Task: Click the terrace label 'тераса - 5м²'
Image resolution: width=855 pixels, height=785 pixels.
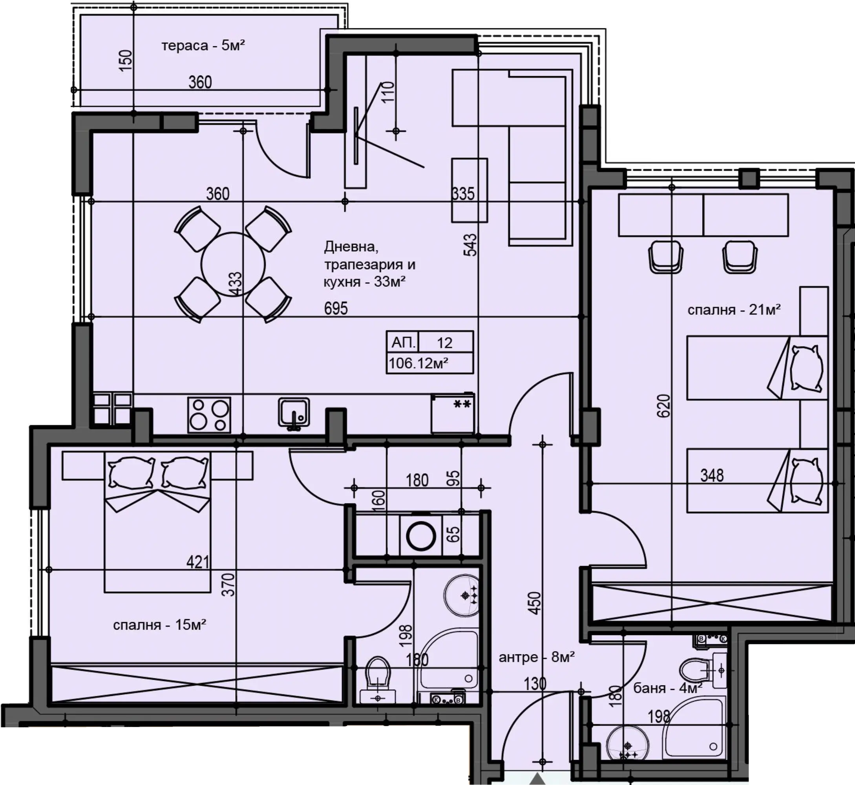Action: pyautogui.click(x=203, y=45)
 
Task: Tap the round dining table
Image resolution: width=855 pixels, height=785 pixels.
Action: pyautogui.click(x=233, y=264)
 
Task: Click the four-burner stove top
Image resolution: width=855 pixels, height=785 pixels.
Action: pyautogui.click(x=209, y=414)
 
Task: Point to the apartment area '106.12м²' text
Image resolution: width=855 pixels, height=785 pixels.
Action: pyautogui.click(x=418, y=363)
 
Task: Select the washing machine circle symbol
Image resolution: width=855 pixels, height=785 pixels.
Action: pyautogui.click(x=420, y=536)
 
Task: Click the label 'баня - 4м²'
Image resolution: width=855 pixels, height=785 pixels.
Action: pyautogui.click(x=667, y=687)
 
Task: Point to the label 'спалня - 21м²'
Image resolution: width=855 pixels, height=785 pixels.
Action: pyautogui.click(x=734, y=309)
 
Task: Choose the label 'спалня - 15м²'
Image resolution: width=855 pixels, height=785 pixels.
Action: pyautogui.click(x=160, y=624)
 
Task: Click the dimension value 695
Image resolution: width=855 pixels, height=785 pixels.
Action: pyautogui.click(x=336, y=308)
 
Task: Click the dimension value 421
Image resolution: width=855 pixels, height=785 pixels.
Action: pyautogui.click(x=198, y=562)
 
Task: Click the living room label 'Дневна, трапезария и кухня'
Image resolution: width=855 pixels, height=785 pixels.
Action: pyautogui.click(x=369, y=264)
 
